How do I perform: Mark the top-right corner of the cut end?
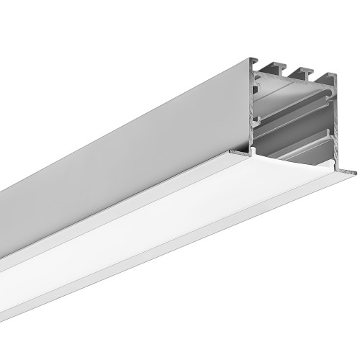click(x=336, y=77)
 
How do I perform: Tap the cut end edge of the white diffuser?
click(x=288, y=164)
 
